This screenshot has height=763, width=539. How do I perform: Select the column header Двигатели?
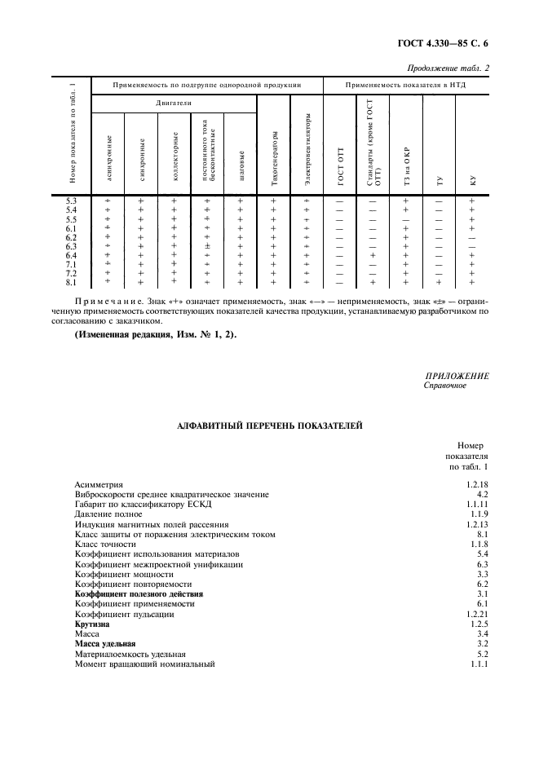tap(174, 104)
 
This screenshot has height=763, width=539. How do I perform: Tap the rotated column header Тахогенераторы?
tap(274, 155)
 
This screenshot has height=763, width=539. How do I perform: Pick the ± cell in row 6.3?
tap(207, 246)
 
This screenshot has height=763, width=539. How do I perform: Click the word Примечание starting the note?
tap(104, 302)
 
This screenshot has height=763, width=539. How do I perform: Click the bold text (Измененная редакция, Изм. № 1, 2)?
tap(151, 336)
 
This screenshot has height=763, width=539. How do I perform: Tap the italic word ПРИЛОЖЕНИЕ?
tap(457, 376)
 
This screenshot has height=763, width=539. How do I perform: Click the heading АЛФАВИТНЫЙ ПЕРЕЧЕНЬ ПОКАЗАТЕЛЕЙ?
tap(269, 425)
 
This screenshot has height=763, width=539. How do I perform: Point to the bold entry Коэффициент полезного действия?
tap(139, 594)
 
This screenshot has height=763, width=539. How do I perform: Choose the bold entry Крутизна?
tap(92, 624)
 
